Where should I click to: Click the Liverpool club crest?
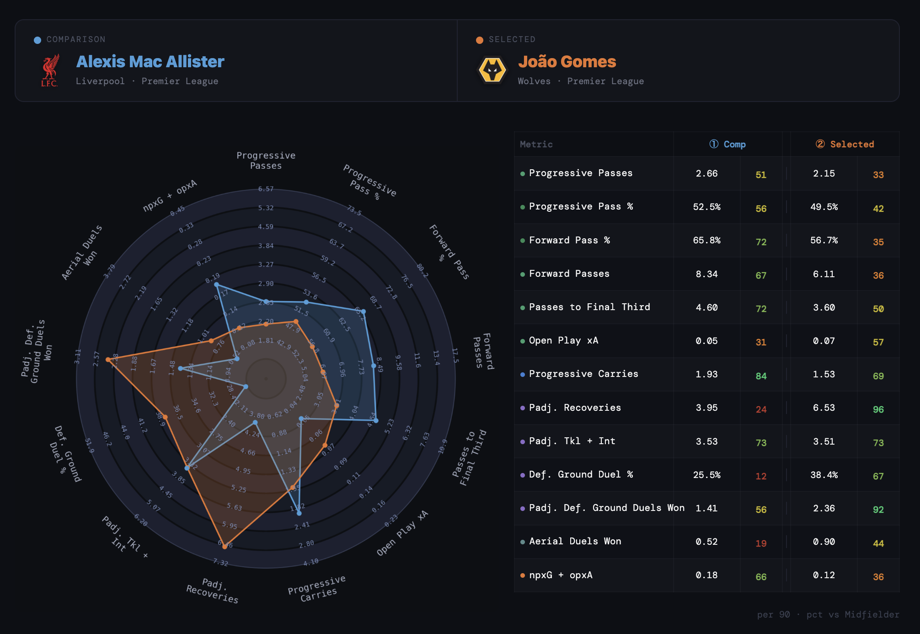[50, 70]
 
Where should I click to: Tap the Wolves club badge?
[492, 70]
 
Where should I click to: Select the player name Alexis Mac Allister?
[150, 62]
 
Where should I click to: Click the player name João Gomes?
[567, 62]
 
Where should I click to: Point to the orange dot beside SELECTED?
[479, 40]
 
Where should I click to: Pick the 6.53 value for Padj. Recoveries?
[824, 408]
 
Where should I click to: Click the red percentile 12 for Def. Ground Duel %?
[761, 476]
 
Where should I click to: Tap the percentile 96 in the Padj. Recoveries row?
[878, 409]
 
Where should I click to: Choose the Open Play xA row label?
[563, 340]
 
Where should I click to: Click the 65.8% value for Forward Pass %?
[706, 240]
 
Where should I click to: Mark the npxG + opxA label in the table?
[561, 575]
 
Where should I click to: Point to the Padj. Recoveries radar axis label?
[213, 590]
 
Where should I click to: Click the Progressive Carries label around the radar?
[317, 588]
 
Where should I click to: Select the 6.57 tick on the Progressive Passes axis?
[266, 189]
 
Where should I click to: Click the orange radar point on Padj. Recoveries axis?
[225, 546]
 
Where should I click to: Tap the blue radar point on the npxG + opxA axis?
[216, 285]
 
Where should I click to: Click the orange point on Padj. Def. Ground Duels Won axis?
[108, 360]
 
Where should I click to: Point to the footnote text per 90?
[773, 614]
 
